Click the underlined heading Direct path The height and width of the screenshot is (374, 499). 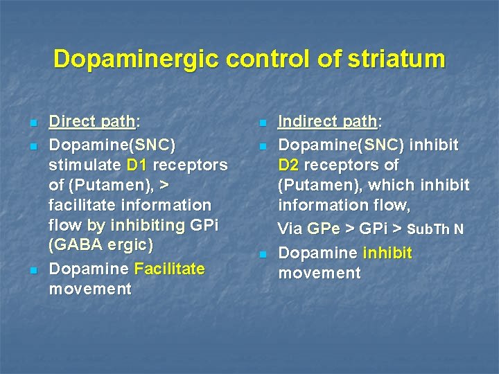pyautogui.click(x=92, y=122)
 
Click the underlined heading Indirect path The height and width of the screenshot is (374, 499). pyautogui.click(x=326, y=122)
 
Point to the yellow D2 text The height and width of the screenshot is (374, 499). pyautogui.click(x=290, y=165)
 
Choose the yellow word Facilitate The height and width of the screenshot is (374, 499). pyautogui.click(x=170, y=269)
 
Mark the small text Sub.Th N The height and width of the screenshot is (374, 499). pyautogui.click(x=435, y=229)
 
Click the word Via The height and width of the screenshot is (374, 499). pyautogui.click(x=290, y=229)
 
